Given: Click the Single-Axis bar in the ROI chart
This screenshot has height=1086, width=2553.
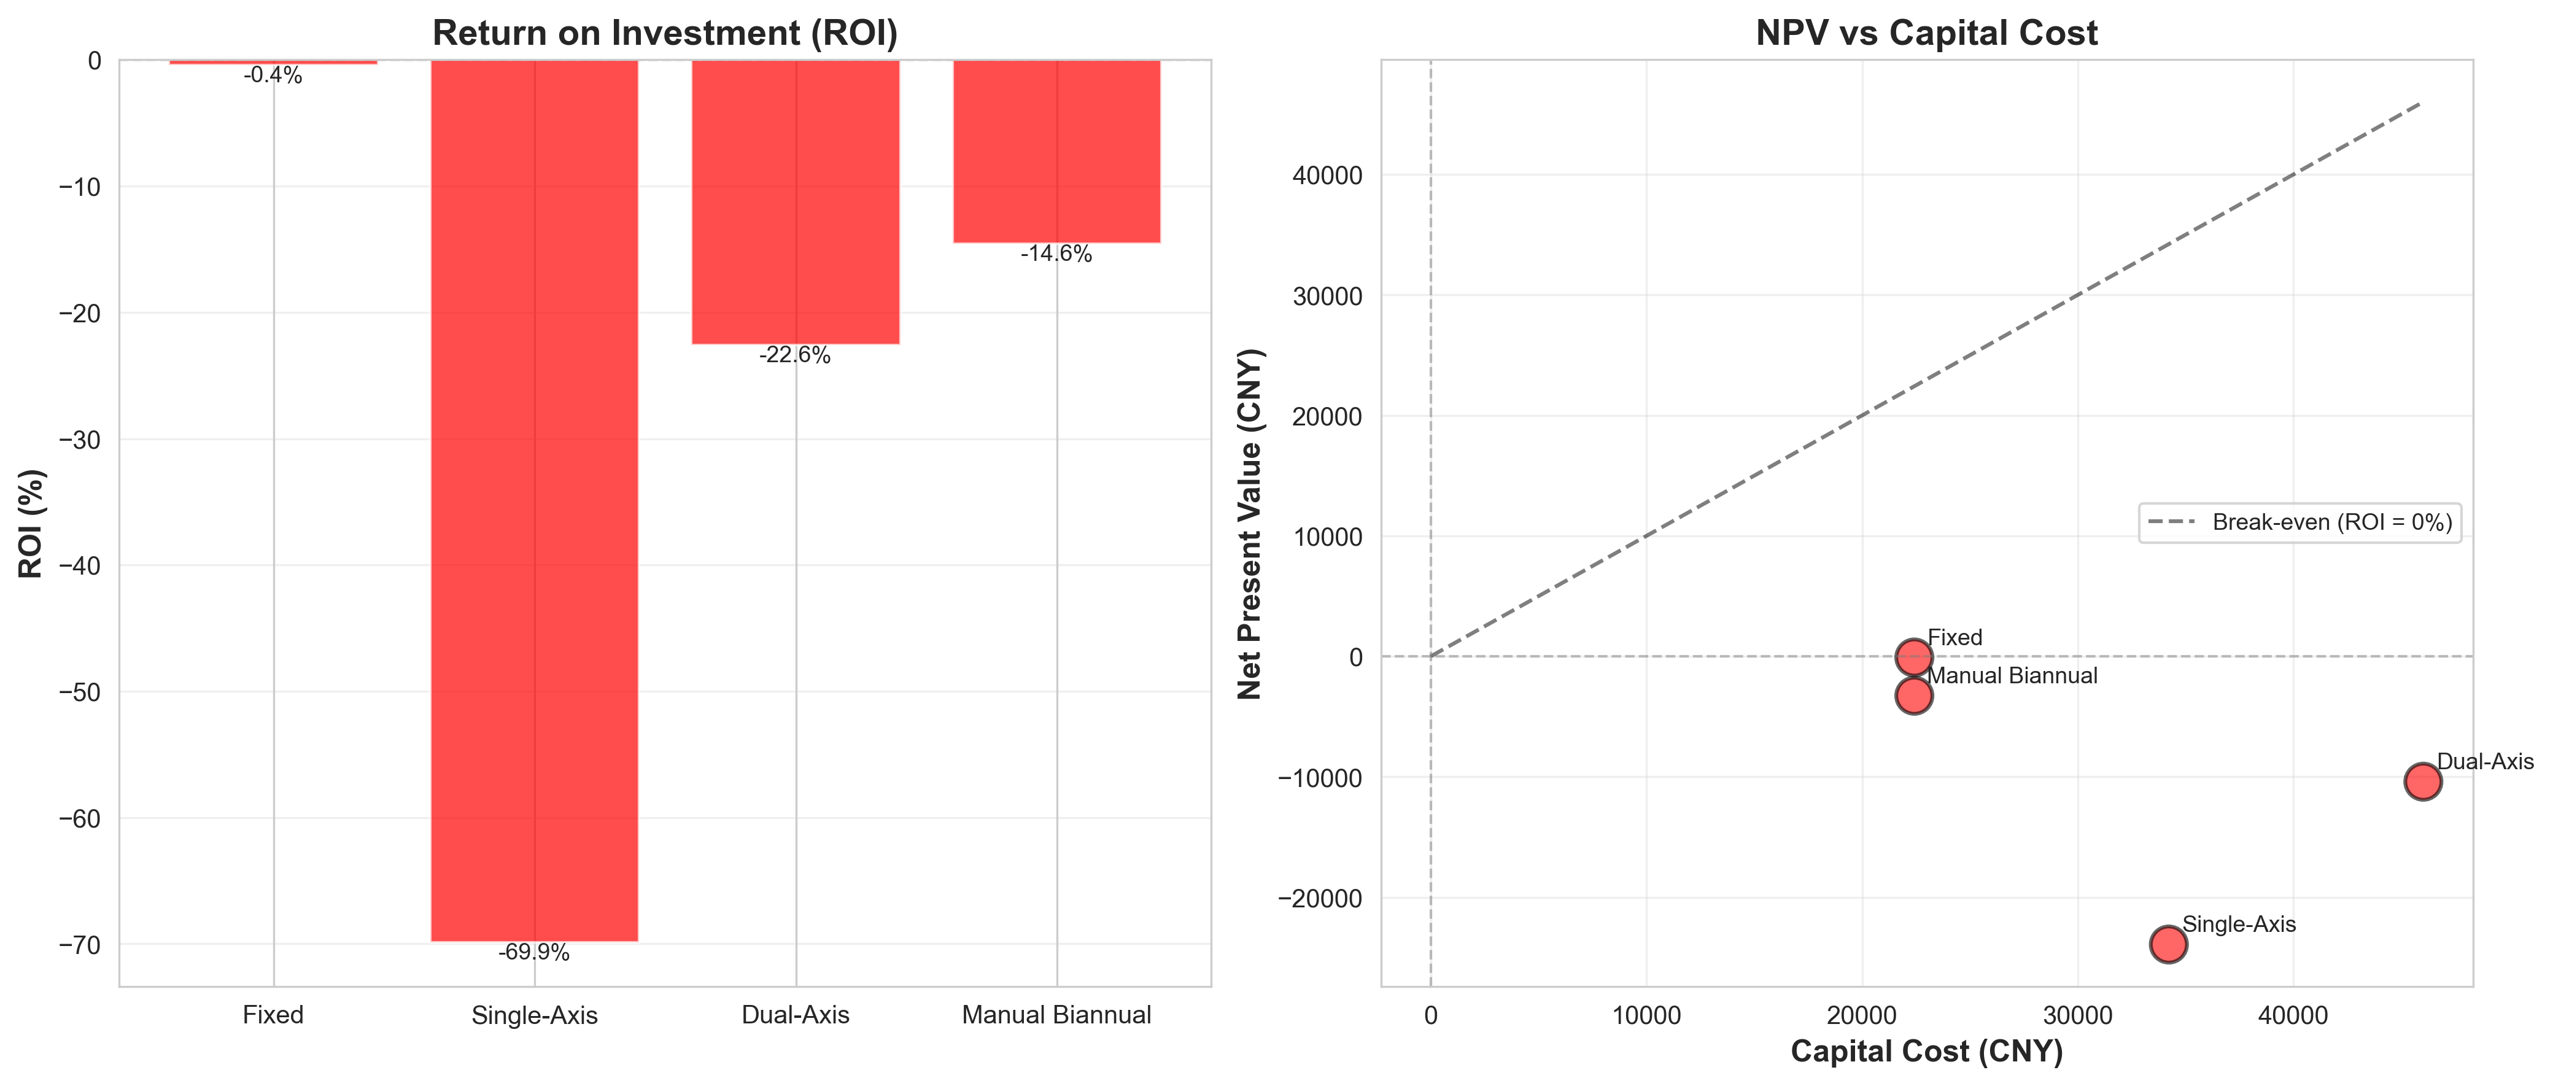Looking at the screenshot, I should (x=534, y=500).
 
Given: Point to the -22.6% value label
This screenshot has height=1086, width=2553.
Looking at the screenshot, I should (x=795, y=355).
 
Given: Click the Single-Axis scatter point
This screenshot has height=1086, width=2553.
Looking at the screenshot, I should (x=2169, y=944).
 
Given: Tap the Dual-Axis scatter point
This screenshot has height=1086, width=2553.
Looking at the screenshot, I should (x=2422, y=782).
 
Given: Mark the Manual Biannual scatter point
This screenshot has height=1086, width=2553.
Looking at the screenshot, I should (x=1914, y=696).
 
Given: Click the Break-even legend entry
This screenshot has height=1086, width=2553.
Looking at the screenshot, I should (x=2299, y=522).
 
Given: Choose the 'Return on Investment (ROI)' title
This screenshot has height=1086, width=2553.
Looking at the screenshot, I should (x=665, y=33).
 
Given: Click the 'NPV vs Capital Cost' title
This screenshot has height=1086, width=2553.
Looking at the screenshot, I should (x=1927, y=33).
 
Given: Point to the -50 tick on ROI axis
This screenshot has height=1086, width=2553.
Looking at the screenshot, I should (x=80, y=692).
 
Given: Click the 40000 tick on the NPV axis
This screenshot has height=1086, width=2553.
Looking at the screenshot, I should (x=1328, y=176).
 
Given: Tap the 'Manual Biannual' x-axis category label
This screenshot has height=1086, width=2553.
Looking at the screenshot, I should (x=1056, y=1015).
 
